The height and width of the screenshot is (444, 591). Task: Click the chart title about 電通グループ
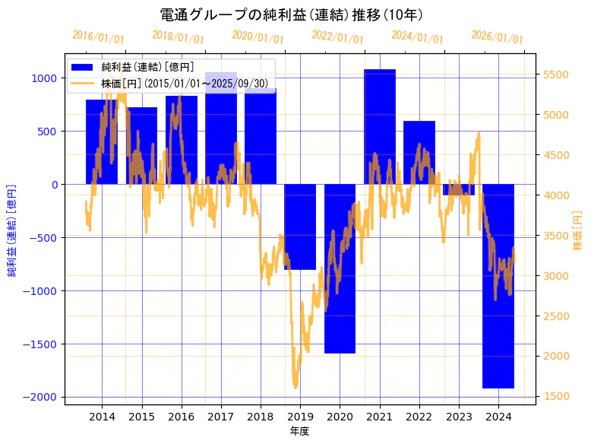pos(292,14)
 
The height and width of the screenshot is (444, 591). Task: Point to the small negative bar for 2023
pos(459,189)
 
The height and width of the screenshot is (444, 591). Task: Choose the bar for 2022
pos(419,152)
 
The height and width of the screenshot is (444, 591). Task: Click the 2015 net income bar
pos(141,145)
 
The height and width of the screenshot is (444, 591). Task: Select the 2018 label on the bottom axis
pos(261,417)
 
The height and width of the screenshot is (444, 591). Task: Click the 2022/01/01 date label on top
pos(337,37)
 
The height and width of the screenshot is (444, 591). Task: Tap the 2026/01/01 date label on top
pos(497,37)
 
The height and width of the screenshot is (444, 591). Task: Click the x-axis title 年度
pos(300,431)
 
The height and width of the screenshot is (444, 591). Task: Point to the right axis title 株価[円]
pos(577,232)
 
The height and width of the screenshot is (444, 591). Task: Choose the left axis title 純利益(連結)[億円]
pos(12,230)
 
